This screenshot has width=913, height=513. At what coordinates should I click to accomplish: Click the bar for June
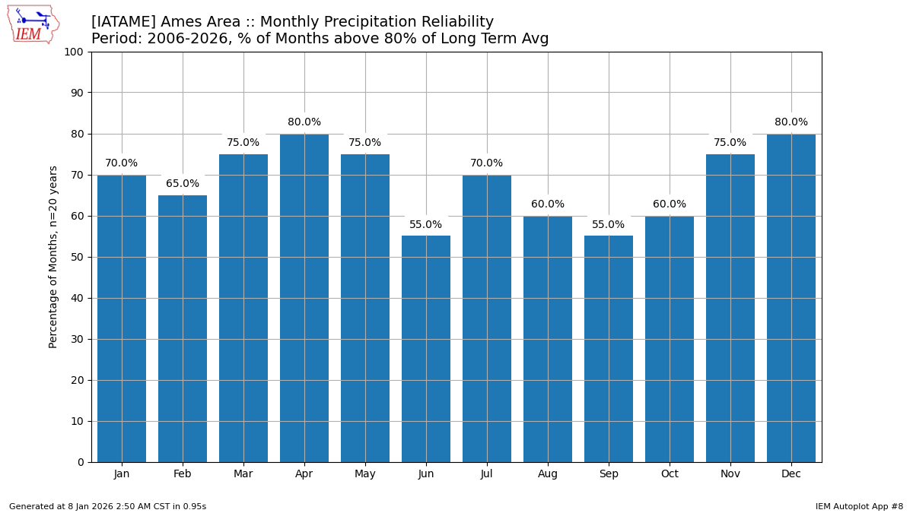(x=426, y=349)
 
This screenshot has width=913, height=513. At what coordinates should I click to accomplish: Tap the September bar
(x=609, y=349)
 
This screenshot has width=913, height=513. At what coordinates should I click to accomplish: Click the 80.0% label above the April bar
(x=304, y=122)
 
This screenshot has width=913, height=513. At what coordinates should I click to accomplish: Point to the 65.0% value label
(x=183, y=184)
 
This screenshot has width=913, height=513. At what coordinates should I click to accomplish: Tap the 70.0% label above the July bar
(x=487, y=163)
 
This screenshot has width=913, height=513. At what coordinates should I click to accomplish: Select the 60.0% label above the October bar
(x=670, y=204)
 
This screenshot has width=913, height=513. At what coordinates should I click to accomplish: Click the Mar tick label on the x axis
(x=243, y=474)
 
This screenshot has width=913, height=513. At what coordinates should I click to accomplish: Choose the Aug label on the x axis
(x=548, y=474)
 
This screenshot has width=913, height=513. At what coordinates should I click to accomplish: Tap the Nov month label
(x=730, y=474)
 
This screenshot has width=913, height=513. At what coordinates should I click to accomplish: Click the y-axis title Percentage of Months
(x=53, y=257)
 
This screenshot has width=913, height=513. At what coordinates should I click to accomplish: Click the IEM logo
(x=33, y=24)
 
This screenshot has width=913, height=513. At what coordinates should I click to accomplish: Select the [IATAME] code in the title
(x=123, y=22)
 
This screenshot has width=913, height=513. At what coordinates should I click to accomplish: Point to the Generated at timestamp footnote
(x=107, y=506)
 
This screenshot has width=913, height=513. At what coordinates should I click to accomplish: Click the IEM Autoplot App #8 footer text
(x=859, y=506)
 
